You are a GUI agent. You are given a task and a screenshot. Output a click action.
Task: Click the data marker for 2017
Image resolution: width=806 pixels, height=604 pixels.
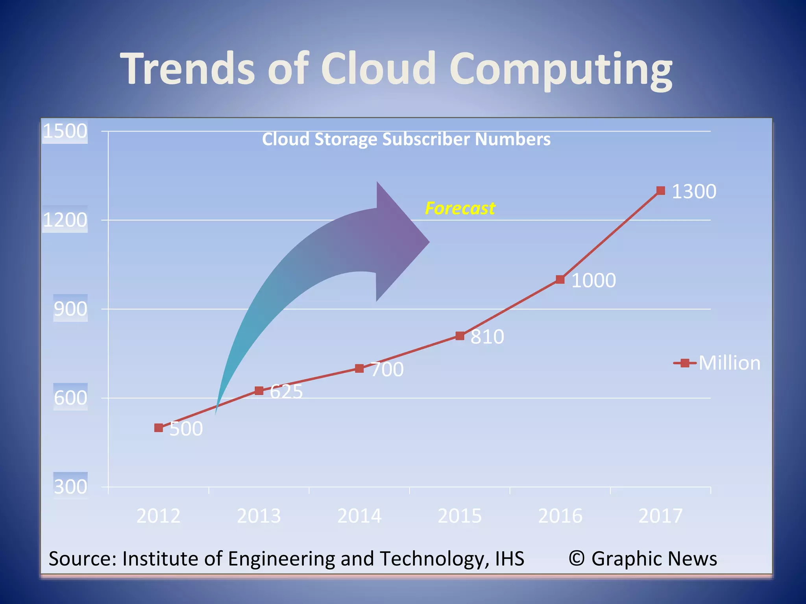click(x=661, y=191)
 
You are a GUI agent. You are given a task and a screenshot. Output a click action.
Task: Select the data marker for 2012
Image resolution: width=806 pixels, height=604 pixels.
click(x=159, y=428)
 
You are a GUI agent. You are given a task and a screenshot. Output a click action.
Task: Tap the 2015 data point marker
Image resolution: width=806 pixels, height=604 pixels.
click(x=460, y=336)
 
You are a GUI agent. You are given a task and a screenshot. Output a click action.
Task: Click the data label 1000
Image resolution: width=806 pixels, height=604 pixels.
click(x=593, y=280)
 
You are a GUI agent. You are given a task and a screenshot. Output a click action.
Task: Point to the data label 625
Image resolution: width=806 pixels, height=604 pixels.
click(x=287, y=392)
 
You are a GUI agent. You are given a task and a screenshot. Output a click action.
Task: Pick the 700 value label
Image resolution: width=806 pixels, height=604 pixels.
click(x=387, y=370)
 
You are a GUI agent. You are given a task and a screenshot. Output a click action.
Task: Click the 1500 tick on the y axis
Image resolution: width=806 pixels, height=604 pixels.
click(x=65, y=131)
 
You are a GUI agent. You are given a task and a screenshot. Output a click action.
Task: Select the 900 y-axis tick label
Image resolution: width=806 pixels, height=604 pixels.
click(x=70, y=309)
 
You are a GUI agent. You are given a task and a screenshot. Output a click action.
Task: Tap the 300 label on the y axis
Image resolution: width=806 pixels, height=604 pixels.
click(x=70, y=487)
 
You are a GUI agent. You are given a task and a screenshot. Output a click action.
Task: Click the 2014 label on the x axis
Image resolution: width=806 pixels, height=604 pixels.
click(x=359, y=516)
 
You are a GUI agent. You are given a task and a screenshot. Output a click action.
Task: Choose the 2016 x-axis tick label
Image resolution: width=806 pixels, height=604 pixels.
click(x=560, y=516)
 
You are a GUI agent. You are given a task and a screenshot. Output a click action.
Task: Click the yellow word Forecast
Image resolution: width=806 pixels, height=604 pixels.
click(x=460, y=208)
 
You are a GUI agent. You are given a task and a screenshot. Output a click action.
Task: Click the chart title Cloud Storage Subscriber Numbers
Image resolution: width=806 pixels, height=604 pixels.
click(x=406, y=139)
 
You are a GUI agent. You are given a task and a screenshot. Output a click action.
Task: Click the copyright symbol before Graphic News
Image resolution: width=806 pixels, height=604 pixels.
click(x=577, y=558)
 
